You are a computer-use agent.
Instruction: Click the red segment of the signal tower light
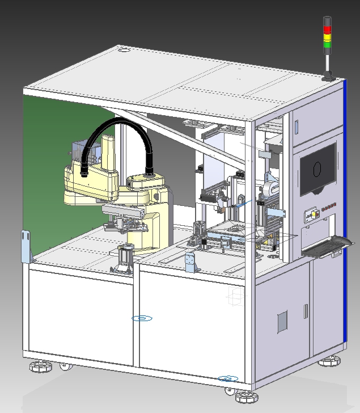[x=327, y=29]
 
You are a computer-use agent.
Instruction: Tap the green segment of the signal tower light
[x=327, y=44]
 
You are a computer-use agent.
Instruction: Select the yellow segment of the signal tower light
[x=327, y=37]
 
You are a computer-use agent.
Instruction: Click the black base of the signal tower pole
[x=327, y=78]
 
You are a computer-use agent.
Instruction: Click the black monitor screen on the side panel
[x=317, y=169]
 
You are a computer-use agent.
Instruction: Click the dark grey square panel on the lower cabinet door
[x=282, y=321]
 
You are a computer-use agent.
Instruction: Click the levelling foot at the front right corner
[x=247, y=395]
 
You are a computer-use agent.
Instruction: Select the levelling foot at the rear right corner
[x=331, y=360]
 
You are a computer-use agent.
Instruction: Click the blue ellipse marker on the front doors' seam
[x=142, y=318]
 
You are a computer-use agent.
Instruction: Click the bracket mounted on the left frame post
[x=27, y=246]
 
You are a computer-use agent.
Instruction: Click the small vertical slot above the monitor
[x=296, y=125]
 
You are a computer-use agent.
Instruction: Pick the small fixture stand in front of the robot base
[x=126, y=256]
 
